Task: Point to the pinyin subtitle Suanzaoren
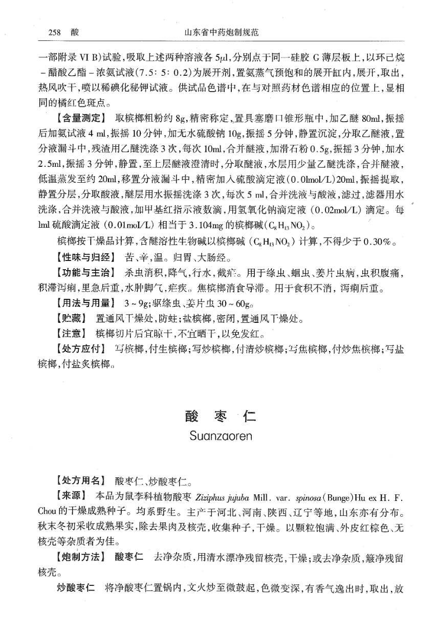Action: (221, 436)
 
